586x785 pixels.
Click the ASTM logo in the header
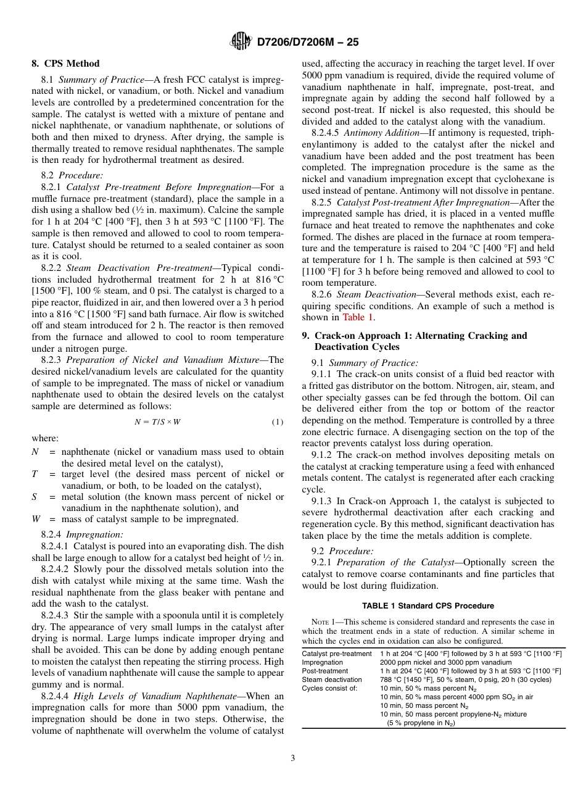(x=241, y=41)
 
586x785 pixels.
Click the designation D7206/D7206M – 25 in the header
(x=307, y=42)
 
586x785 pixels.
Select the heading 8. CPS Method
(x=65, y=64)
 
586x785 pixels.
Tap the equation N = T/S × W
(x=157, y=422)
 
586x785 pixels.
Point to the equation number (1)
(x=277, y=422)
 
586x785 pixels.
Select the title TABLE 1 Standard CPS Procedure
(x=427, y=605)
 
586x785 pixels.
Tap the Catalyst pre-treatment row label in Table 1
(x=336, y=653)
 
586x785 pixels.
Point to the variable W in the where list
(x=36, y=519)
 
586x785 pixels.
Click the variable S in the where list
(x=35, y=497)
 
